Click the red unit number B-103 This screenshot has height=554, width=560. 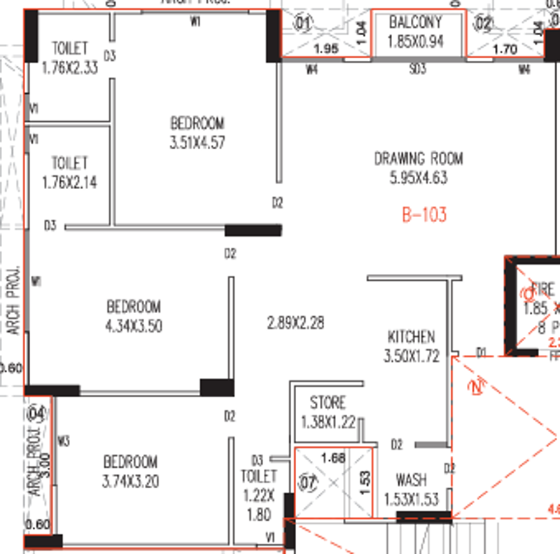424,215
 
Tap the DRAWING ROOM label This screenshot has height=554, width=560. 418,158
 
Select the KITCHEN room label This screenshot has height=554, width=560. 411,337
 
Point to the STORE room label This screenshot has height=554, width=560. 328,403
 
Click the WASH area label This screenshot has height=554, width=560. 411,480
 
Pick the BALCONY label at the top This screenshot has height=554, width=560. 416,22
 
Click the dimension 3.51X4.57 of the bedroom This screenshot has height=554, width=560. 197,143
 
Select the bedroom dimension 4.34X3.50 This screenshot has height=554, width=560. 134,326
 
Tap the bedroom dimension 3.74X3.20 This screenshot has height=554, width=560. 130,481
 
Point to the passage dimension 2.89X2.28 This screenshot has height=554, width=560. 296,323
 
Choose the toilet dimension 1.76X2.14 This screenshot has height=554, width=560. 69,183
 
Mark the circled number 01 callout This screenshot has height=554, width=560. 302,23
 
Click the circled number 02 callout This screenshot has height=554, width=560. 484,23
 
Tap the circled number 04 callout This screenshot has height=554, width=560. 36,413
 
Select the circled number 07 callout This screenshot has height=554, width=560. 308,483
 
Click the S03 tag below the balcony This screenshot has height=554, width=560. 417,69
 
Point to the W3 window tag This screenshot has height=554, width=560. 64,441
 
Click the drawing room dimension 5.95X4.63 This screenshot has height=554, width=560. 418,178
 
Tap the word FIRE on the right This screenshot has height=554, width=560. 542,289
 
